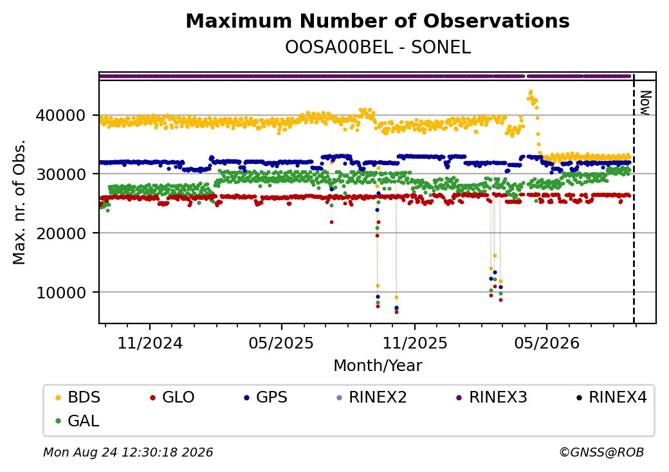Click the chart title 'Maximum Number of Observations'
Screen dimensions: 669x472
[x=378, y=21]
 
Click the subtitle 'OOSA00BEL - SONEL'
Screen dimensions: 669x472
[x=378, y=48]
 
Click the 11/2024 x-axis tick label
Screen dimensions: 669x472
[x=150, y=343]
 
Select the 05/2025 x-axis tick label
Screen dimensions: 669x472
[x=281, y=343]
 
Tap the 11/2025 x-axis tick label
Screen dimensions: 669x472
[x=415, y=343]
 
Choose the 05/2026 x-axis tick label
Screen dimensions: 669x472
[x=547, y=343]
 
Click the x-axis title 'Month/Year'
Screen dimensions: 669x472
[x=378, y=366]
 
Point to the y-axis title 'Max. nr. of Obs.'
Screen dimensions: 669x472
[x=19, y=202]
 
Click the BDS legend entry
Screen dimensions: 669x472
[x=78, y=397]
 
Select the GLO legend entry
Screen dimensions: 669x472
[x=172, y=397]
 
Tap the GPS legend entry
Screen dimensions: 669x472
[x=266, y=397]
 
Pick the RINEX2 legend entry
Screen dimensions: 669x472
[x=372, y=397]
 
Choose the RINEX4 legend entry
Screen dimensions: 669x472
[x=611, y=397]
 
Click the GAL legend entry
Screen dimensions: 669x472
[x=78, y=421]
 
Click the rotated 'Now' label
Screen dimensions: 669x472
[x=645, y=103]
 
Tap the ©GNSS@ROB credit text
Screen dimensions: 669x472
[x=601, y=452]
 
